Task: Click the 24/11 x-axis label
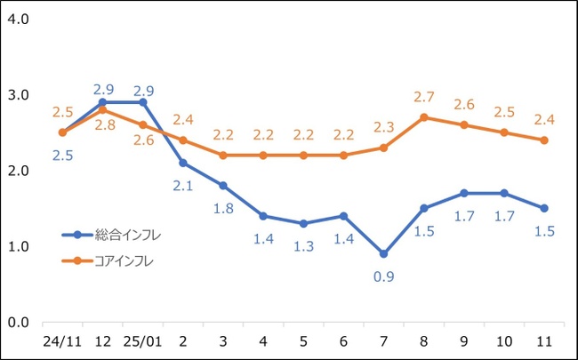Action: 62,341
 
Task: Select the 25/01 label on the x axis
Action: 142,341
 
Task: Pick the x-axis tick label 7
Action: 383,341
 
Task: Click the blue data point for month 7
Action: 383,253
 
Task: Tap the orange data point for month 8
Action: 423,117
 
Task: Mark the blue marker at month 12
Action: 102,102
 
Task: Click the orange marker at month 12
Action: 102,109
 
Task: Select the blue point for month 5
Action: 303,223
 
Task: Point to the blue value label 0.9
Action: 383,276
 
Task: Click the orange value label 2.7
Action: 423,95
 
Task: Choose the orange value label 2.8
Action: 104,125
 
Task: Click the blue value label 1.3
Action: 303,246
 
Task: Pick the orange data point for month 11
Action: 544,140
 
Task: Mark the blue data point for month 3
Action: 222,186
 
